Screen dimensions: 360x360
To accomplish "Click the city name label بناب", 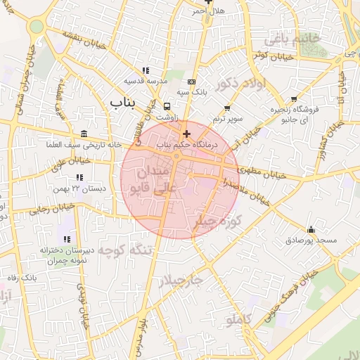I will (123, 103).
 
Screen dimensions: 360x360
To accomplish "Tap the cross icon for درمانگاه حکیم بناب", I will (186, 134).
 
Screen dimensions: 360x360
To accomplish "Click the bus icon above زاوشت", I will (167, 107).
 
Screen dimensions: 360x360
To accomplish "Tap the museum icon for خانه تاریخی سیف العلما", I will (84, 134).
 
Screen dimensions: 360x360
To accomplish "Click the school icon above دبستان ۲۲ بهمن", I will (79, 177).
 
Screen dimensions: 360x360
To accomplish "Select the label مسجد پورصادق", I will (311, 240).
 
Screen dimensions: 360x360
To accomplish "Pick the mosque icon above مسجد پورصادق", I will (311, 229).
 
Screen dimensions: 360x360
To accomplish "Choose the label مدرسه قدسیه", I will (144, 81).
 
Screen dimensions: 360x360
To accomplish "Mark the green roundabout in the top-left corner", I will (36, 27).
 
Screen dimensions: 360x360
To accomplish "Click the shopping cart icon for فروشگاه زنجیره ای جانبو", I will (294, 99).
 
